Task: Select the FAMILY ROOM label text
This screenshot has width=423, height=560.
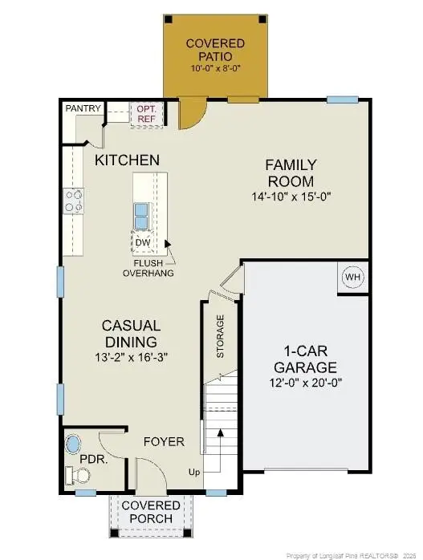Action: pyautogui.click(x=291, y=172)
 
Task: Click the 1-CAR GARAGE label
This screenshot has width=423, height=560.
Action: pyautogui.click(x=309, y=358)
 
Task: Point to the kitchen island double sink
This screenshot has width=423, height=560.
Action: pyautogui.click(x=141, y=215)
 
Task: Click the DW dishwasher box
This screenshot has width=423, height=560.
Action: pyautogui.click(x=142, y=241)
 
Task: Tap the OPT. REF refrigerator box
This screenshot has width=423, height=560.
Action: pyautogui.click(x=145, y=112)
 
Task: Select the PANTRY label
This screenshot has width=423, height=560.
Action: pyautogui.click(x=83, y=108)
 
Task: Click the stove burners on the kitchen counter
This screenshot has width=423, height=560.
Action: pyautogui.click(x=75, y=201)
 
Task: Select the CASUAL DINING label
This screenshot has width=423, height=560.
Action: pyautogui.click(x=131, y=333)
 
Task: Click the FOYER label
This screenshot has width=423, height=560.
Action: pyautogui.click(x=164, y=441)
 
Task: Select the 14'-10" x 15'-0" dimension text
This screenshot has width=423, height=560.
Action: pyautogui.click(x=291, y=196)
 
